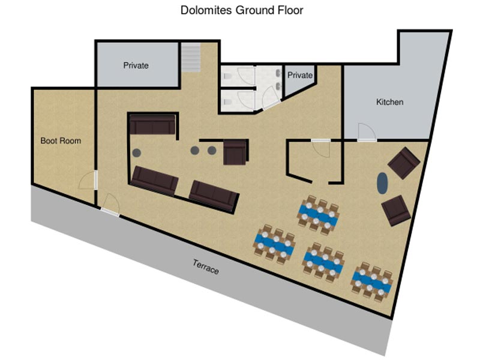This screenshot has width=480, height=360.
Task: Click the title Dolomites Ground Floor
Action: (242, 10)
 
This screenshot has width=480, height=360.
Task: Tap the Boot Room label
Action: (61, 141)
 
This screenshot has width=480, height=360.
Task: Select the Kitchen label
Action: (389, 102)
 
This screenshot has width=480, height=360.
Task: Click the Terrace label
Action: (206, 266)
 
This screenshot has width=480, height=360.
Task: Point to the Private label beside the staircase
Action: (136, 65)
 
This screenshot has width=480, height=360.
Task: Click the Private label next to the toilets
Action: (299, 75)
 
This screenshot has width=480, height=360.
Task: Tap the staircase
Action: (190, 58)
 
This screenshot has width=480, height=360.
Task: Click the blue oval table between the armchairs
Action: (382, 183)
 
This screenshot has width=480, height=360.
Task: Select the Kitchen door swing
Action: (367, 131)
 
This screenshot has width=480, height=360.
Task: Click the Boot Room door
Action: (87, 181)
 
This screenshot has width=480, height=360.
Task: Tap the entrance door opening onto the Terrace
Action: (110, 205)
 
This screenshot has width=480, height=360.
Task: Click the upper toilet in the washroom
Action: (227, 76)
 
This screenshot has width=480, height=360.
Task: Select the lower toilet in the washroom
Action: (227, 101)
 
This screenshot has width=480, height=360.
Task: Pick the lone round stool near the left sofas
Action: (137, 152)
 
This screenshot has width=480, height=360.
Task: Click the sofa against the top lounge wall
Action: (152, 125)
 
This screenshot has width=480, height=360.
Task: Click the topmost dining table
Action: (319, 215)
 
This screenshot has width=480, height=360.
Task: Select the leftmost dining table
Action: (274, 244)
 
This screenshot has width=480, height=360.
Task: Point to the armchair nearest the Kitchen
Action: (404, 163)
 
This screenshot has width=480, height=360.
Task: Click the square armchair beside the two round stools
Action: (235, 152)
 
